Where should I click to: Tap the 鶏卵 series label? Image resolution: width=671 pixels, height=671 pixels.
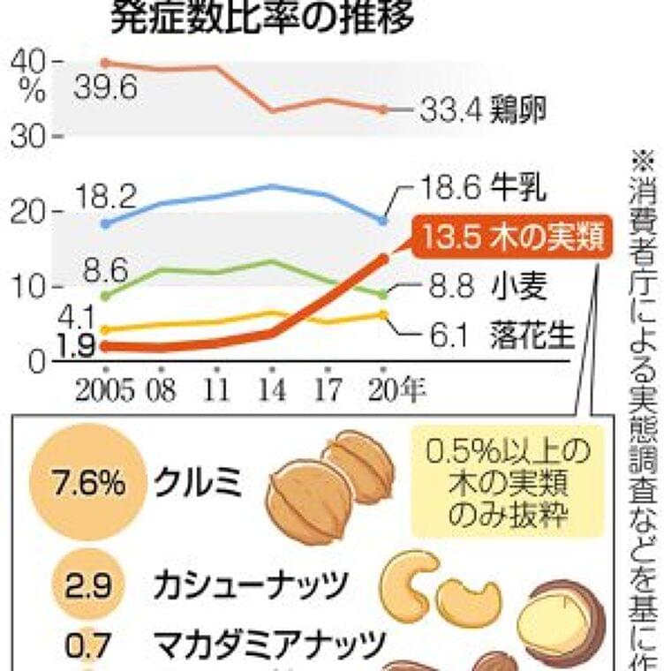pos(521,109)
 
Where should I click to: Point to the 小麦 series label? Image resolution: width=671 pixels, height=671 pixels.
pos(520,286)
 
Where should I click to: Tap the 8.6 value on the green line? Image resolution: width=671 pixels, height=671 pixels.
pos(104,268)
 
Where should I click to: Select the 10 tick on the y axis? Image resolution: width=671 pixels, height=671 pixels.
pos(30,287)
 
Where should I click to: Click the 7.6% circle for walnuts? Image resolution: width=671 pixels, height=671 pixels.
pos(77,483)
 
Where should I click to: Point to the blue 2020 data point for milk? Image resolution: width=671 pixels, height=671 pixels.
pos(383,220)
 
